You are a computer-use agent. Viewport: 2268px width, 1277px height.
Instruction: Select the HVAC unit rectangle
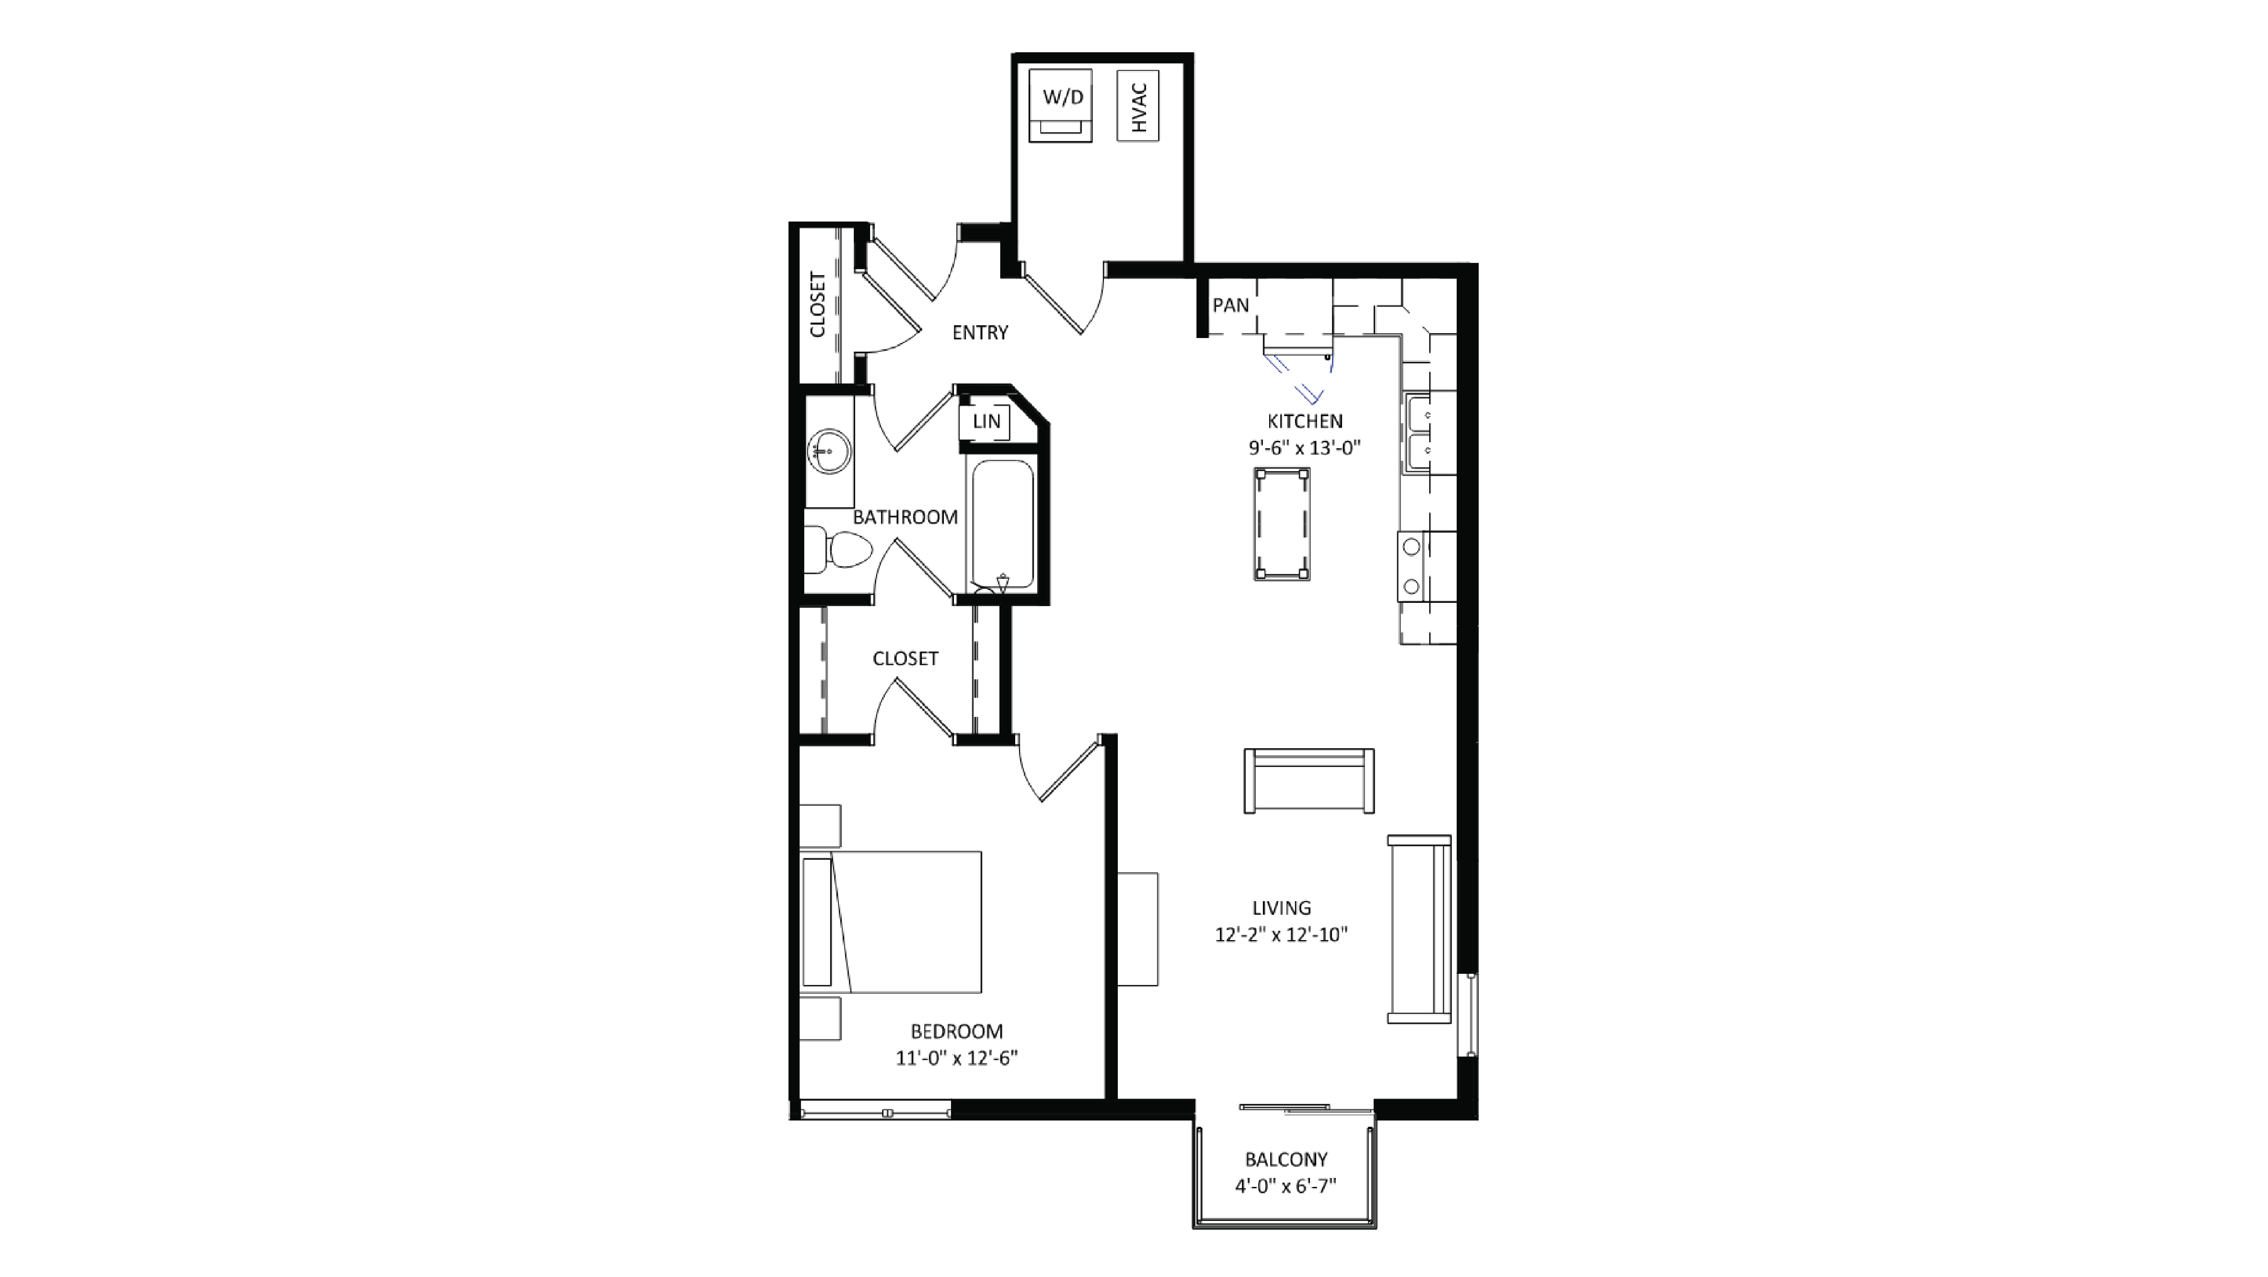1137,106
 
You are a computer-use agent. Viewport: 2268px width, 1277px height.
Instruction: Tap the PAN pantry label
1230,305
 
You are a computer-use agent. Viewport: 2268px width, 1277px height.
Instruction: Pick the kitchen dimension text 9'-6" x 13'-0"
1304,447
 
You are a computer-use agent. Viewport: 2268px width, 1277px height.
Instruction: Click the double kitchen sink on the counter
1417,433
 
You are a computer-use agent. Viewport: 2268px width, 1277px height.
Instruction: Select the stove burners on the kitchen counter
1412,566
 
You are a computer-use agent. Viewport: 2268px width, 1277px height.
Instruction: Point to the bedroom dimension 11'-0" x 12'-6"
956,1058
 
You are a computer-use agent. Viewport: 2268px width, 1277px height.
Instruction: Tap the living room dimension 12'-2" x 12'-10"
1281,934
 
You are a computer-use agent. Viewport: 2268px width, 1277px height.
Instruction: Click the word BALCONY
1285,1159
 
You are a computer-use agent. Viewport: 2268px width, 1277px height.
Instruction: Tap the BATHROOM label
905,517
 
